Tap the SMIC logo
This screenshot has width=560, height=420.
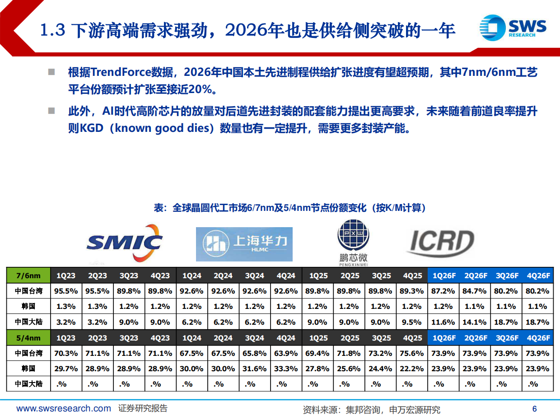pos(125,243)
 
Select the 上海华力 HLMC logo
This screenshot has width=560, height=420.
pos(244,244)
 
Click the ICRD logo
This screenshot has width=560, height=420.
pos(440,243)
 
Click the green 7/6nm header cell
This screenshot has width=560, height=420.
pos(28,275)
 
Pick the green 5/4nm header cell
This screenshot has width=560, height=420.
pos(28,338)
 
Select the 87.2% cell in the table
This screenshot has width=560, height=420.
pos(443,291)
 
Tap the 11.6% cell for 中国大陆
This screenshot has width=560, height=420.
pos(443,322)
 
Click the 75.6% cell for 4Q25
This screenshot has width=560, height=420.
pos(411,354)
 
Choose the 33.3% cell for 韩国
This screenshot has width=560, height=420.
pos(286,369)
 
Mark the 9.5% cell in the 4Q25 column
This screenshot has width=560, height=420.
pos(411,322)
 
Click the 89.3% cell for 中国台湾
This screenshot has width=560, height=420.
pos(411,291)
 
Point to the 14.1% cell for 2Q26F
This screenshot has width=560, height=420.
pos(474,322)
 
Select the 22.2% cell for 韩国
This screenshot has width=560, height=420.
pos(411,369)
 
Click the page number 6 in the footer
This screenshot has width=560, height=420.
pos(535,409)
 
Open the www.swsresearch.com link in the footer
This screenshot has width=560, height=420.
pos(64,409)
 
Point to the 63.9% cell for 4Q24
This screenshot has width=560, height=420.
pos(286,354)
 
